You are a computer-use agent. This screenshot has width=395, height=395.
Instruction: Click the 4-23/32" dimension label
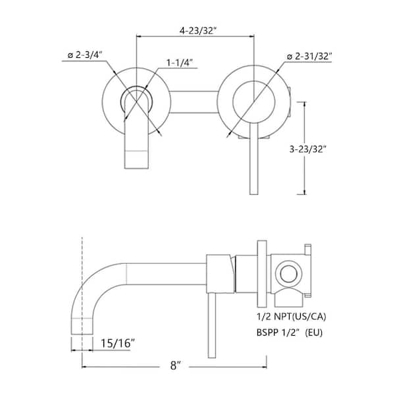coord(198,31)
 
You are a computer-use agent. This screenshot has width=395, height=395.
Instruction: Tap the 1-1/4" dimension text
coord(180,63)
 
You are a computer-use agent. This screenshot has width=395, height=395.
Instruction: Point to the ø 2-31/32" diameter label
coord(309,57)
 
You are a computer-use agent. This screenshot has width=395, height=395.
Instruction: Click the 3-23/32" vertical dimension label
coord(308,149)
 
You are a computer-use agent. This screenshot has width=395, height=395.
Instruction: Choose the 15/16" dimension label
coord(118,343)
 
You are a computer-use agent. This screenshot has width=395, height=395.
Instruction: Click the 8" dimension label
coord(175,365)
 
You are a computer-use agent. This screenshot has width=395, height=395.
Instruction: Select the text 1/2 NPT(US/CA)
coord(291,317)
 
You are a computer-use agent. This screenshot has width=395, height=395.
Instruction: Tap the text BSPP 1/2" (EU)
coord(290,332)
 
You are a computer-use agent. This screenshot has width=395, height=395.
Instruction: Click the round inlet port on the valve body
coord(288,274)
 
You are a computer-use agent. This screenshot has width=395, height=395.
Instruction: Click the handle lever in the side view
coord(212,325)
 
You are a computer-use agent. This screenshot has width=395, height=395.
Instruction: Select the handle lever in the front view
coord(253,159)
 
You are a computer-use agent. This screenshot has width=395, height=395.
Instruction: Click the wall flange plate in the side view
coord(262,274)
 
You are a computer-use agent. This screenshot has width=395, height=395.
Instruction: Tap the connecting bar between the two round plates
coord(194,102)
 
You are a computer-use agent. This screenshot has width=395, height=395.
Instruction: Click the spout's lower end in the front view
coord(136,160)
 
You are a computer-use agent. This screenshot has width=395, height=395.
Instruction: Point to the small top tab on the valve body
coord(308,250)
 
